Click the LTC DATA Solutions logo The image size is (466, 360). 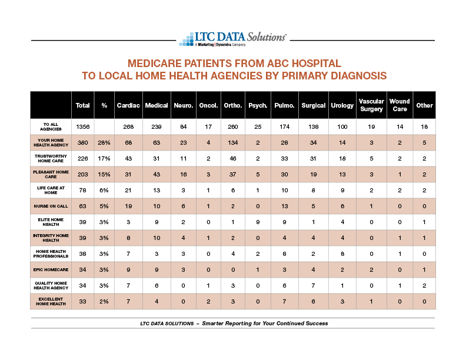point(232,39)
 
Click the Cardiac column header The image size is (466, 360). point(128,105)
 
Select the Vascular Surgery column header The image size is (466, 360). point(371,105)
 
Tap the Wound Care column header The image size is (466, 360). point(400,105)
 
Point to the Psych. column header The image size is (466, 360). point(258,105)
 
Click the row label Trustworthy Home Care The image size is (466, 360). point(51,158)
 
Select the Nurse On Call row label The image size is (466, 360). point(51,206)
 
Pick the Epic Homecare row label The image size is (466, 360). point(51,269)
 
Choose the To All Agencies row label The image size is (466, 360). point(51,126)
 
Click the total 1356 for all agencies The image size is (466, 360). point(82,127)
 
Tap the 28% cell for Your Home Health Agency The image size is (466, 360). point(104,142)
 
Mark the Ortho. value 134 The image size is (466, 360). point(232,142)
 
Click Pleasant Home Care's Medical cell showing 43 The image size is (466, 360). point(157,174)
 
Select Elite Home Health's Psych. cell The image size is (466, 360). point(258,222)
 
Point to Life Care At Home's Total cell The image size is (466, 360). point(82,190)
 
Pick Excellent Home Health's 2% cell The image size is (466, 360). point(104,302)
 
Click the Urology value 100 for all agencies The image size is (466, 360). point(342,127)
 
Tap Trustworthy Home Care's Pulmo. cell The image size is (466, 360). point(284,159)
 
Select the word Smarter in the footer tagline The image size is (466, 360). point(212,323)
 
